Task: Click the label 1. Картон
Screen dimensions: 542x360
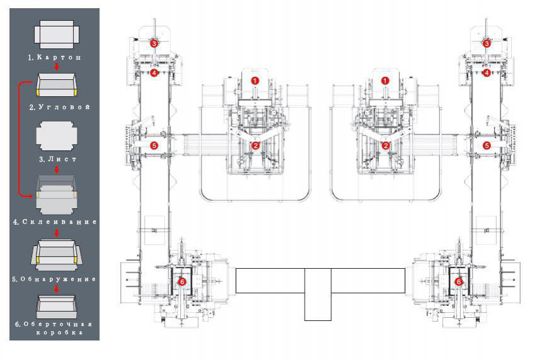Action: point(55,57)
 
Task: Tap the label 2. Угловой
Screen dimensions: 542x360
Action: point(59,107)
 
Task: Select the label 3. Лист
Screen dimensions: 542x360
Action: point(57,159)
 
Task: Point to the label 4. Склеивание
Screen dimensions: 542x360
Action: point(55,222)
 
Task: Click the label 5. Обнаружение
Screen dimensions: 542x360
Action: point(54,279)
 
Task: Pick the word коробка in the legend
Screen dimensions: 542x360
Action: point(59,332)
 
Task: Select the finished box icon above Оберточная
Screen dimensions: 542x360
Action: point(57,307)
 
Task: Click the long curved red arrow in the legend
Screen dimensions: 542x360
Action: point(20,138)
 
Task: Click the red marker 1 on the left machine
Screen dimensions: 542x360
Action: point(255,81)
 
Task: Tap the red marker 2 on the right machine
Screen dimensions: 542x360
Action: point(385,146)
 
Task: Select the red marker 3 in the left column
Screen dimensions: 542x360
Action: point(154,43)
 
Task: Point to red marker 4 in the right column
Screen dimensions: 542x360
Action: point(487,73)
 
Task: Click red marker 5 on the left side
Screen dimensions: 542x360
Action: point(154,146)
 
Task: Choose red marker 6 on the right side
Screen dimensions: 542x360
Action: point(458,282)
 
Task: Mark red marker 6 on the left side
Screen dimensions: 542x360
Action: point(182,282)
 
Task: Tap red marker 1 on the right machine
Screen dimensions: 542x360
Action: point(385,81)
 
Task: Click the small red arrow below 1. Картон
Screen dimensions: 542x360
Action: point(57,66)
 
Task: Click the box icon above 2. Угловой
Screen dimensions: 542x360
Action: point(57,85)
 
